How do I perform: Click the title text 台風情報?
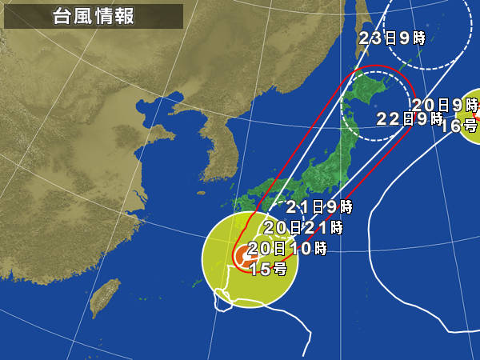coord(94,15)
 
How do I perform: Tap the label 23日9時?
coord(391,38)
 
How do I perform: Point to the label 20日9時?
coord(445,104)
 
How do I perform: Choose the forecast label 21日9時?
coord(318,206)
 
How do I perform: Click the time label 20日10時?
coord(287,248)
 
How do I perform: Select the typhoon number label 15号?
coord(268,269)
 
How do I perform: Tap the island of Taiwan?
coord(101,298)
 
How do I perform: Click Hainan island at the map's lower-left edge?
coord(4,352)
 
